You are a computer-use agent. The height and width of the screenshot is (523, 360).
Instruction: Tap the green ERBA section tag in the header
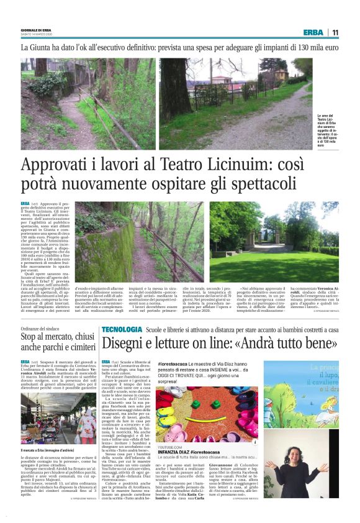coord(313,32)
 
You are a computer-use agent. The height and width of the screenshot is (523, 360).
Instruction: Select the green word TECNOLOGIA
coord(122,328)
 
